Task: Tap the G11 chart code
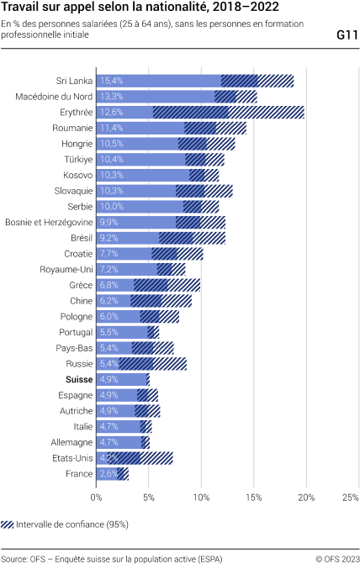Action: [346, 35]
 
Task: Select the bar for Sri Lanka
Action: [160, 81]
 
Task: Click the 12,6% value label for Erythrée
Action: [111, 112]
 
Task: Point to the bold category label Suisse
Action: [77, 379]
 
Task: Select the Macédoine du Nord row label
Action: [54, 97]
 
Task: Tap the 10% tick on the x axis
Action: [201, 498]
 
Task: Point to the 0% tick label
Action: [97, 498]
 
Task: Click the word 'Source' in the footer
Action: [13, 557]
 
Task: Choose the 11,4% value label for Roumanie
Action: [111, 128]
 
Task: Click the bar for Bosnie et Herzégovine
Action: [147, 222]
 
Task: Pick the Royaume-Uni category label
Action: [66, 269]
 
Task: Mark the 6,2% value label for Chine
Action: [109, 301]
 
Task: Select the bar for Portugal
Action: [124, 332]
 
